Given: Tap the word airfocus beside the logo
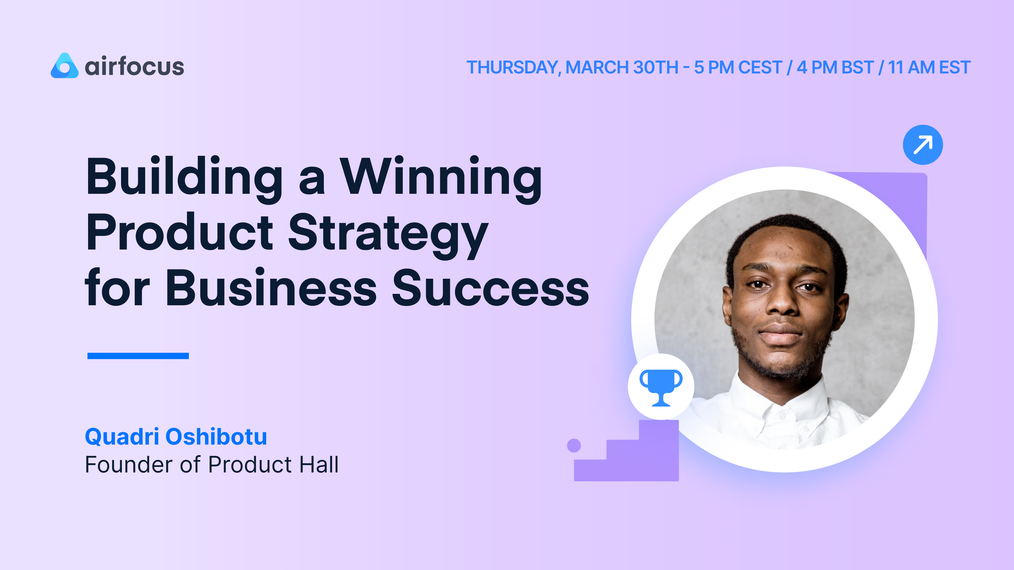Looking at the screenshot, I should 134,66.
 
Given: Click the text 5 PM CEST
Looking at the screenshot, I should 738,67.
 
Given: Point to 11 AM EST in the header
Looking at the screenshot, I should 929,67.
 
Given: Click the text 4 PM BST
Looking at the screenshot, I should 835,67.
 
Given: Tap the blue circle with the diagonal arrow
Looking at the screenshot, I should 922,145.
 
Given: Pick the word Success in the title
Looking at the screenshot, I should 490,288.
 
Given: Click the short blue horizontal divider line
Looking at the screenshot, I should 138,356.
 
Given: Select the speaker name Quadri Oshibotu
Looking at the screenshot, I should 176,437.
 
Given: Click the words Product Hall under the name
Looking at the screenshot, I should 273,465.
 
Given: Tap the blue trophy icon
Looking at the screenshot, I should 661,387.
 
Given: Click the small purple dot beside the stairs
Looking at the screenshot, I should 574,446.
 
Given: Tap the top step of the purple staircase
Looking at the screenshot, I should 658,429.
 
